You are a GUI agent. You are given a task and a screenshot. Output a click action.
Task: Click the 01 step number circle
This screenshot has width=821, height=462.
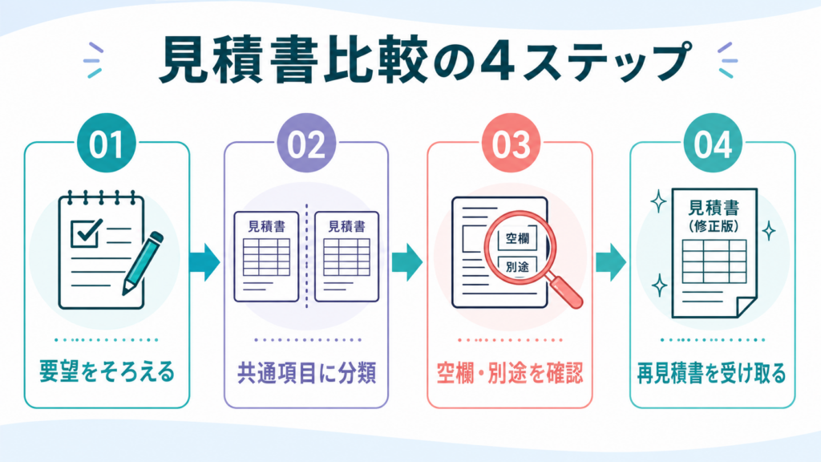107,144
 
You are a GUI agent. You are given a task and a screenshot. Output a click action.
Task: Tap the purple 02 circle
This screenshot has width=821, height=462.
306,144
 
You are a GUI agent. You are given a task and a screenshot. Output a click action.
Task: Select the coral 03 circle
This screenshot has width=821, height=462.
511,144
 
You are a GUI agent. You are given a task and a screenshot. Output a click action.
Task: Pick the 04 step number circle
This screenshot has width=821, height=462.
713,144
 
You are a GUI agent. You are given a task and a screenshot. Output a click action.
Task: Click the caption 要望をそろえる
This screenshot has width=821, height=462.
107,372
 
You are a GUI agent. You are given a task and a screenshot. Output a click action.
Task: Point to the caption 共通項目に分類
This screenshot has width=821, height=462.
307,374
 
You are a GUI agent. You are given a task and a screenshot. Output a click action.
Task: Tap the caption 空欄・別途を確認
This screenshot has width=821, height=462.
510,374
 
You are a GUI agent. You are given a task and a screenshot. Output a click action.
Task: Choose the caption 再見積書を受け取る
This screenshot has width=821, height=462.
712,374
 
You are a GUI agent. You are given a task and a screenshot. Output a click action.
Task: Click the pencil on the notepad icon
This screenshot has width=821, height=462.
143,263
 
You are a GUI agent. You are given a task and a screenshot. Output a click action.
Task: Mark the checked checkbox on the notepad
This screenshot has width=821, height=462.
86,233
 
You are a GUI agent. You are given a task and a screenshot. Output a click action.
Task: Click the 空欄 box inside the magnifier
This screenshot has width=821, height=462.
517,239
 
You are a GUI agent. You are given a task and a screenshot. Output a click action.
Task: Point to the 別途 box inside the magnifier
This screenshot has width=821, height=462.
517,266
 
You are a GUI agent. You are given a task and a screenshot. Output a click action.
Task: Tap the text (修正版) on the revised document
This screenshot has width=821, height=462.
714,226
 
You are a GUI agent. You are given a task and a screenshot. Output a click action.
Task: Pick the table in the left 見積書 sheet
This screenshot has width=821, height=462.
266,257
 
